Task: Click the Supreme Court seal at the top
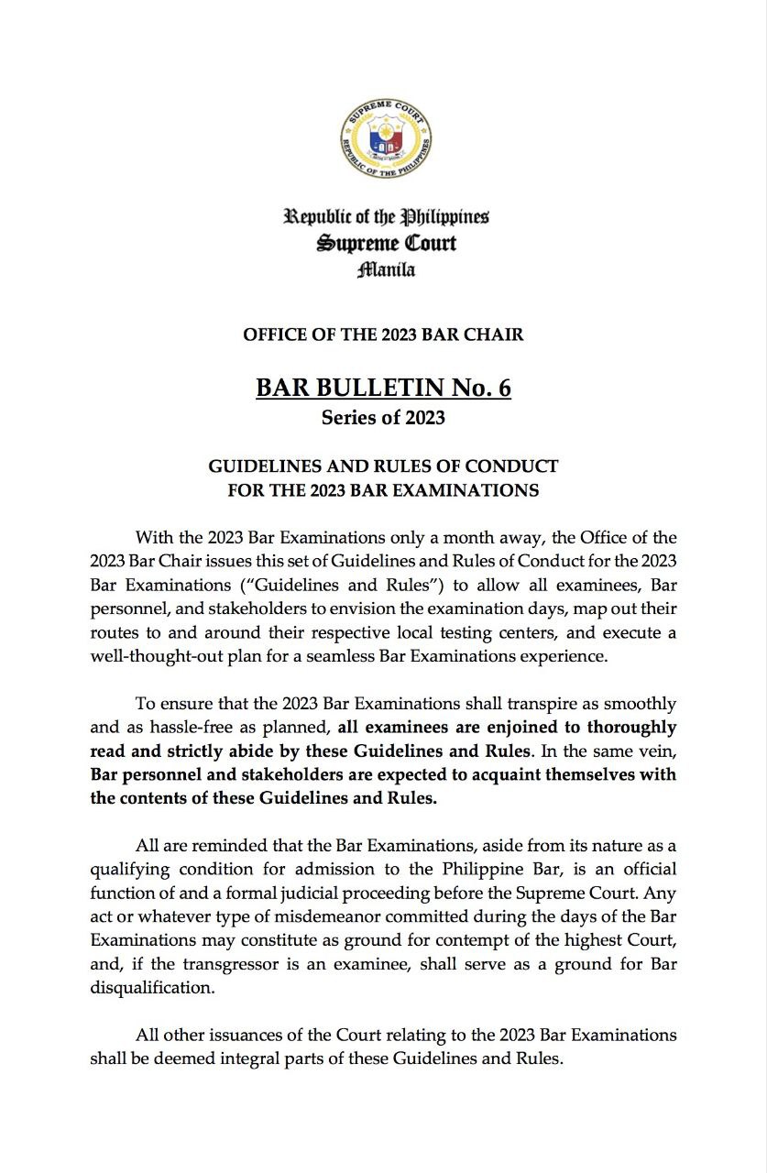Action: click(x=386, y=140)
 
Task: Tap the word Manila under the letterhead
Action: click(x=385, y=269)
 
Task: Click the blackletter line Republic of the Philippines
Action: click(x=386, y=217)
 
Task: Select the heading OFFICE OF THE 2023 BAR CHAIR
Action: click(x=383, y=334)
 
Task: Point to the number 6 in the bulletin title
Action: click(x=503, y=388)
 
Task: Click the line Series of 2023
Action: click(x=383, y=418)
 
